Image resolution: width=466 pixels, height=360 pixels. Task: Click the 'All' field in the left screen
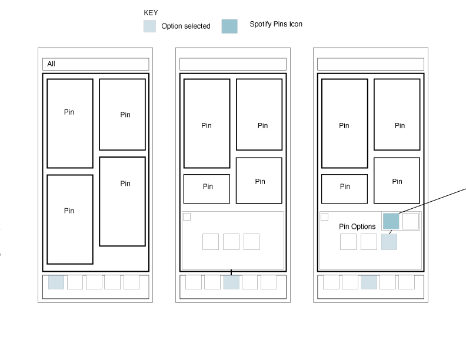[x=95, y=64]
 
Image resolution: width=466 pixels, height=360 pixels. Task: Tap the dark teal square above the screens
[x=229, y=26]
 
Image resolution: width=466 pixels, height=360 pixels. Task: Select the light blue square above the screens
[x=149, y=26]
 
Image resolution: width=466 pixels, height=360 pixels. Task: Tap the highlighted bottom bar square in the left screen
[x=56, y=282]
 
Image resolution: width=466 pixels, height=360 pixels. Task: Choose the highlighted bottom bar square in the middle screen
[x=231, y=282]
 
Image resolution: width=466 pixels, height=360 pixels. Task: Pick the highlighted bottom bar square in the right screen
[x=369, y=282]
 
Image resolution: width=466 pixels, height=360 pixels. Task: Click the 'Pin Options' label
[x=357, y=226]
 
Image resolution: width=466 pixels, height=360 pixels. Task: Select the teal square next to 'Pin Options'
[x=391, y=221]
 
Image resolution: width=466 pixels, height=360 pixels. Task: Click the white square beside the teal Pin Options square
[x=411, y=221]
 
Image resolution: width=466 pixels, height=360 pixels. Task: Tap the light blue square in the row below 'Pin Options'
[x=389, y=242]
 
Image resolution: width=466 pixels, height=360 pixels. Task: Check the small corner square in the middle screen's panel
[x=187, y=217]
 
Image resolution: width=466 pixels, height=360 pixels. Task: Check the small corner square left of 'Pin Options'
[x=324, y=217]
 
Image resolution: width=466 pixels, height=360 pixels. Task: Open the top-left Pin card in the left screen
[x=70, y=124]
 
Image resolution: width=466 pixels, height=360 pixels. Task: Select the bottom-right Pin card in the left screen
[x=122, y=201]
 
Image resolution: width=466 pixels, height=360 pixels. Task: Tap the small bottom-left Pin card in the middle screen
[x=207, y=189]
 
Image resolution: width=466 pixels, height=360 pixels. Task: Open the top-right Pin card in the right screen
[x=397, y=115]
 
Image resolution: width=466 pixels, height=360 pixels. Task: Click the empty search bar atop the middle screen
[x=233, y=64]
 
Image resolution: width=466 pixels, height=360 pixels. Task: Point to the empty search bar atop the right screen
[x=371, y=64]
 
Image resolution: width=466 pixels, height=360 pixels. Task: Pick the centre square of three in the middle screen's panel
[x=231, y=242]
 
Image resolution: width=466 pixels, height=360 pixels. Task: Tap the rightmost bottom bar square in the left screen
[x=131, y=282]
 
